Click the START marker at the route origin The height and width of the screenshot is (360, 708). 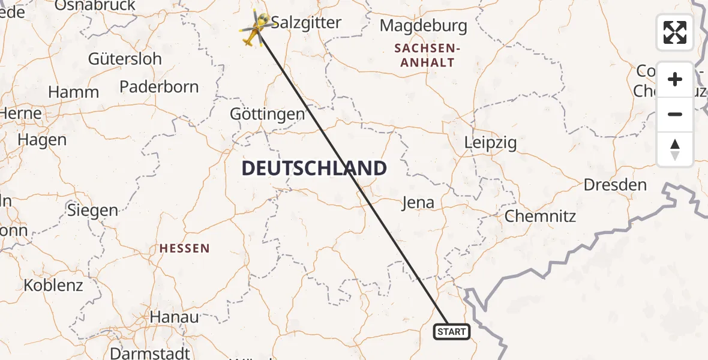[451, 331]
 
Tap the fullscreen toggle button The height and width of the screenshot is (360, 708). [675, 32]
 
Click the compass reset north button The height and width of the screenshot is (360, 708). [675, 149]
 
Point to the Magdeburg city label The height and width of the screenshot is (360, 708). [423, 26]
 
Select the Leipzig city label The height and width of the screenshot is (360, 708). [490, 143]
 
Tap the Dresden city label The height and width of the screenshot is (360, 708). [615, 185]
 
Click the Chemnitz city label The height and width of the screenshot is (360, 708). [540, 216]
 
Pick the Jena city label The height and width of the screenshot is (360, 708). [418, 202]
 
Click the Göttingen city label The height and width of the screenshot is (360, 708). [268, 114]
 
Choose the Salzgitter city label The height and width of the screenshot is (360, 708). [306, 23]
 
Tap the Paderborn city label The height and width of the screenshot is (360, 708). [159, 86]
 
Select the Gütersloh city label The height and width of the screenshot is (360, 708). [125, 59]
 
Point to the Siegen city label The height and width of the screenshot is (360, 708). [92, 210]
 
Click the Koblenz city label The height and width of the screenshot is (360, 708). [53, 285]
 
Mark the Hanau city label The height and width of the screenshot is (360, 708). [174, 317]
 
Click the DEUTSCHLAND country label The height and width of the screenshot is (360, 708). [314, 169]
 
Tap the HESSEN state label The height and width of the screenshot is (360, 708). [185, 248]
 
